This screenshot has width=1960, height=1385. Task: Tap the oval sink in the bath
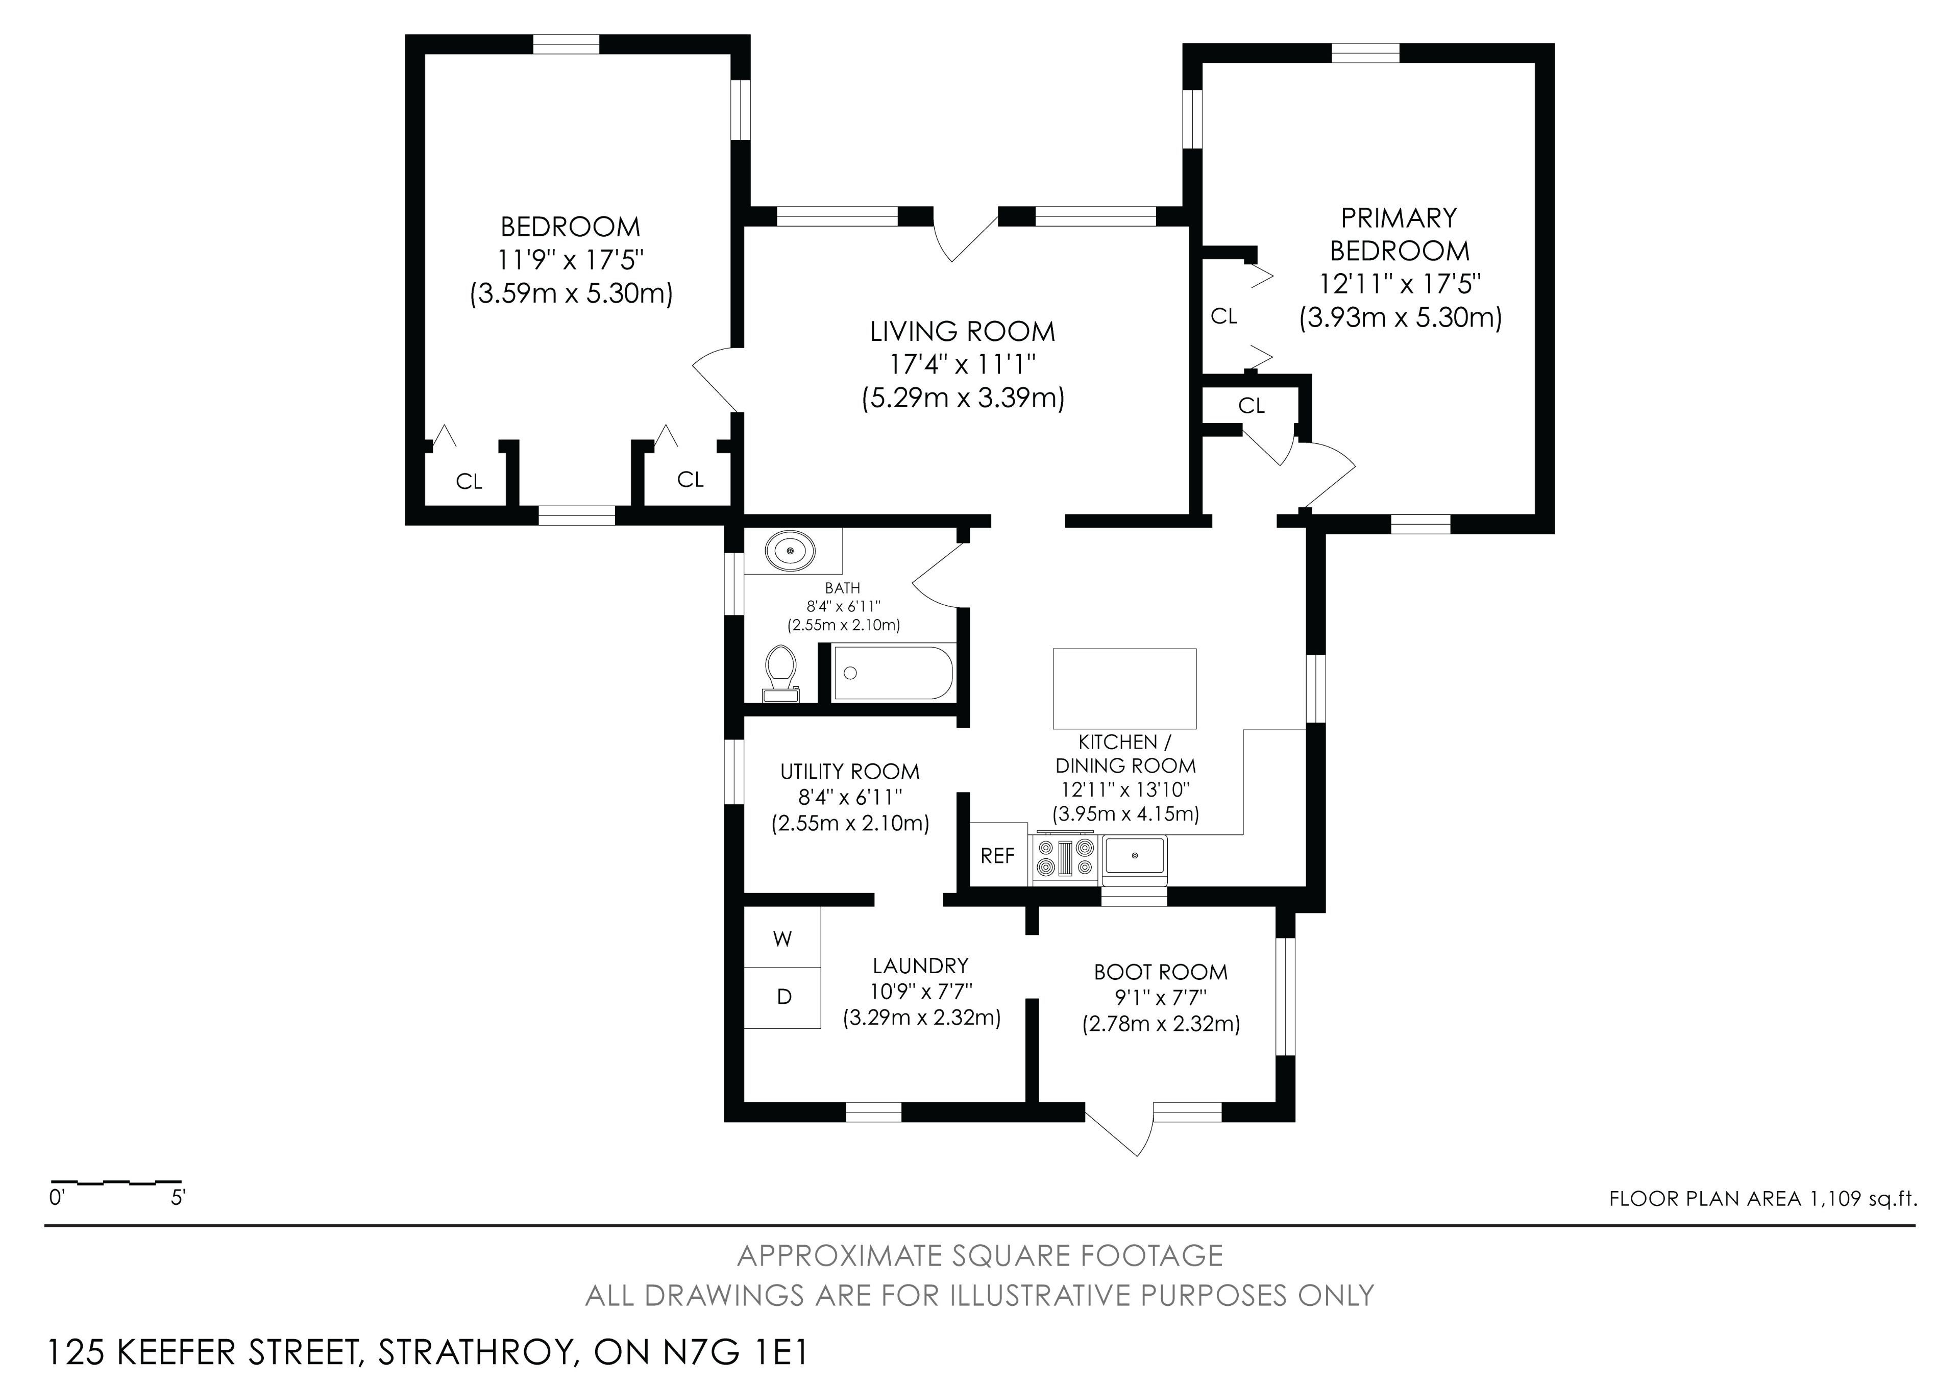(792, 551)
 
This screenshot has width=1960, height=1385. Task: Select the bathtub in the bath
(893, 673)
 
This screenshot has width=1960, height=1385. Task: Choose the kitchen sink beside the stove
(1135, 855)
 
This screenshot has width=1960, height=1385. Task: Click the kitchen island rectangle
(1124, 688)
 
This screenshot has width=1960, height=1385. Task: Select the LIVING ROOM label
(963, 331)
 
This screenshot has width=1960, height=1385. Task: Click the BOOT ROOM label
(1161, 972)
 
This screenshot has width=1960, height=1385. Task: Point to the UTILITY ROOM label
(850, 772)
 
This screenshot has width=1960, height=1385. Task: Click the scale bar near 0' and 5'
(116, 1183)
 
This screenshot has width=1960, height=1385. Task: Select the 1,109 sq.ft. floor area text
(1860, 1198)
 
